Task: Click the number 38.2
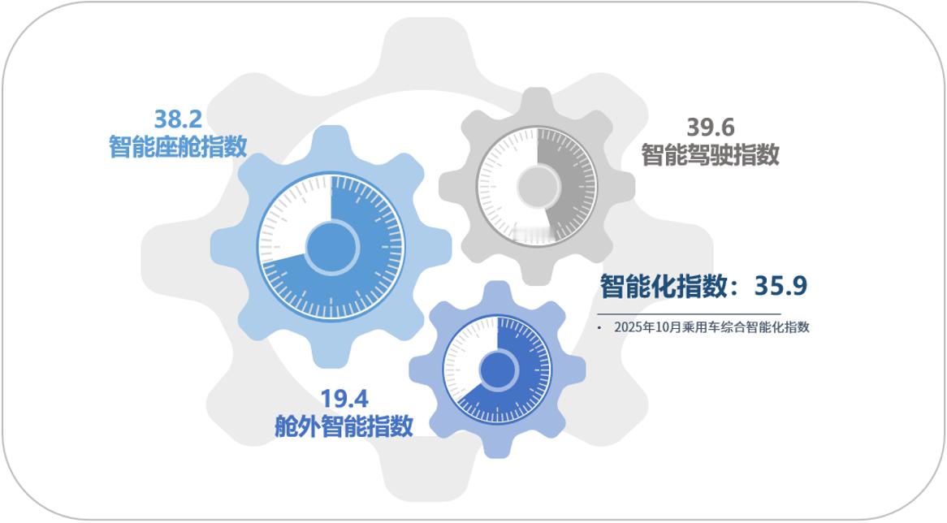178,119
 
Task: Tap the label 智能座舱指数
178,146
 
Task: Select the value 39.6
711,128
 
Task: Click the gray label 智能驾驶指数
711,154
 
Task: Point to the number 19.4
344,399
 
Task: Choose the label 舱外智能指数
344,426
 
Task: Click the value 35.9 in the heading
781,286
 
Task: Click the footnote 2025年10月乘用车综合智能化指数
711,327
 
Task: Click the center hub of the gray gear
538,186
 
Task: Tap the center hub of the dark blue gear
497,370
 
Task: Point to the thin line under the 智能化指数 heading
689,313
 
